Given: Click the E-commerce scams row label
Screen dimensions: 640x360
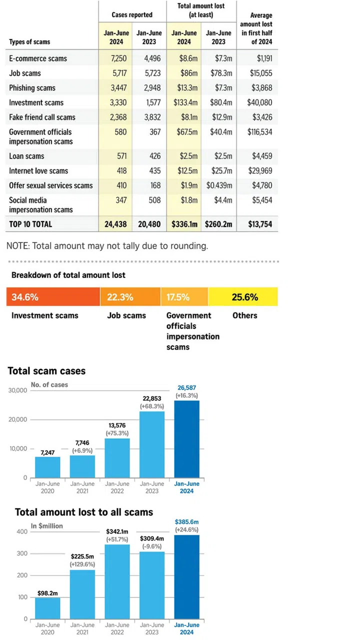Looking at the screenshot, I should point(38,58).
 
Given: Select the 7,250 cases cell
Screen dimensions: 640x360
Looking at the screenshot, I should point(118,58).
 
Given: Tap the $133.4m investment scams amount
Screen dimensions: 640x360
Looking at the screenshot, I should point(185,102).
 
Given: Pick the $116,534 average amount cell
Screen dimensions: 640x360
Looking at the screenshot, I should point(260,132).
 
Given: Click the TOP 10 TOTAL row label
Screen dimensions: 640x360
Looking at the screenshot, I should point(30,224).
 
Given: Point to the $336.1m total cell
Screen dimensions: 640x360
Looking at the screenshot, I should point(184,224).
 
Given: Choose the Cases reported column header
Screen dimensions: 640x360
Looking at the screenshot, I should point(132,15).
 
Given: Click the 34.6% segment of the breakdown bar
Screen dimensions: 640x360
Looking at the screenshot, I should point(53,297).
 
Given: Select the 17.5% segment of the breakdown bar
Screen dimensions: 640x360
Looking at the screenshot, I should point(184,297).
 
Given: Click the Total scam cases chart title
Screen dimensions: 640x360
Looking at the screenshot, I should point(46,371).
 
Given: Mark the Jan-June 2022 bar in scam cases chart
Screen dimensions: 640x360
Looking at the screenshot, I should point(117,457).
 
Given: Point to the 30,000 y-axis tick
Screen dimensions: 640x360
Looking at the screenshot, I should point(18,390).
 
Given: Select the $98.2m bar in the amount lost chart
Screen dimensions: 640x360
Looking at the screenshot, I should point(47,608).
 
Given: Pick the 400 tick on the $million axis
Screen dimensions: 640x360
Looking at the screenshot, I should point(22,531).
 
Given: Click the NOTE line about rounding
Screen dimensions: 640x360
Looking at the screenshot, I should point(107,246).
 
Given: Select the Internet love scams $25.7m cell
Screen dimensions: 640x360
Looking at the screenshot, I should point(218,171).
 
